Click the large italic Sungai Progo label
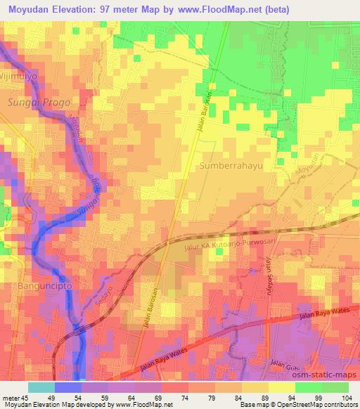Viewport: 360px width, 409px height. coord(30,103)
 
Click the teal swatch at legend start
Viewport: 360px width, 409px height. coord(41,387)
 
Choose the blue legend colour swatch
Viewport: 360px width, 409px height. coord(67,387)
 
